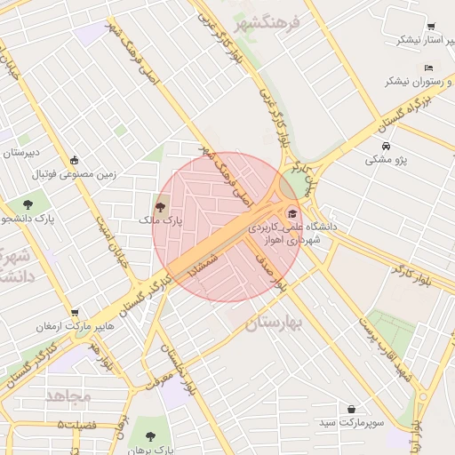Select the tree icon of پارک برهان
[149, 436]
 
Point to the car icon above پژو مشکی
[385, 146]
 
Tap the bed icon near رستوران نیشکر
[428, 68]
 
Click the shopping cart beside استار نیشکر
[431, 28]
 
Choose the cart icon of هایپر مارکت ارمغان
[75, 314]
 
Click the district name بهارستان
[274, 323]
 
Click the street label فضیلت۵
[76, 425]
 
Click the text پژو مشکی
[387, 161]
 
